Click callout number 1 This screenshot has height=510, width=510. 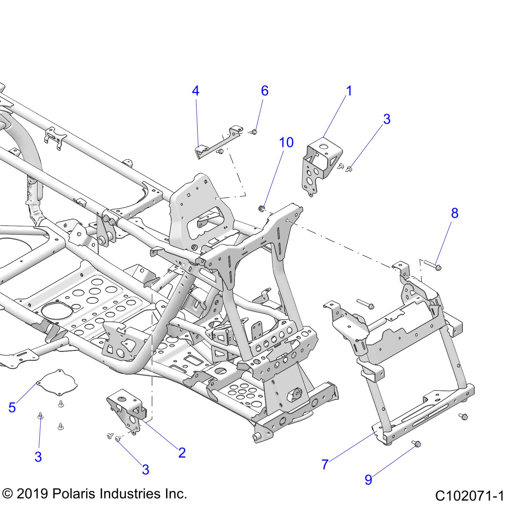pyautogui.click(x=349, y=91)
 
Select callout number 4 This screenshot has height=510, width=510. pyautogui.click(x=195, y=91)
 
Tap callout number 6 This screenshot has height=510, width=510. pyautogui.click(x=265, y=91)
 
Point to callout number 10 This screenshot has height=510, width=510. pyautogui.click(x=286, y=142)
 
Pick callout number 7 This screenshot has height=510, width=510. pyautogui.click(x=324, y=464)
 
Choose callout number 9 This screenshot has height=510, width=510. pyautogui.click(x=368, y=480)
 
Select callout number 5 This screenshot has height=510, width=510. pyautogui.click(x=12, y=407)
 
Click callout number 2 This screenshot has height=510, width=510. pyautogui.click(x=182, y=453)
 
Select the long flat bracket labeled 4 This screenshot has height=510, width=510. pyautogui.click(x=217, y=143)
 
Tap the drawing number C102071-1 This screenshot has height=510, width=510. pyautogui.click(x=469, y=496)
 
